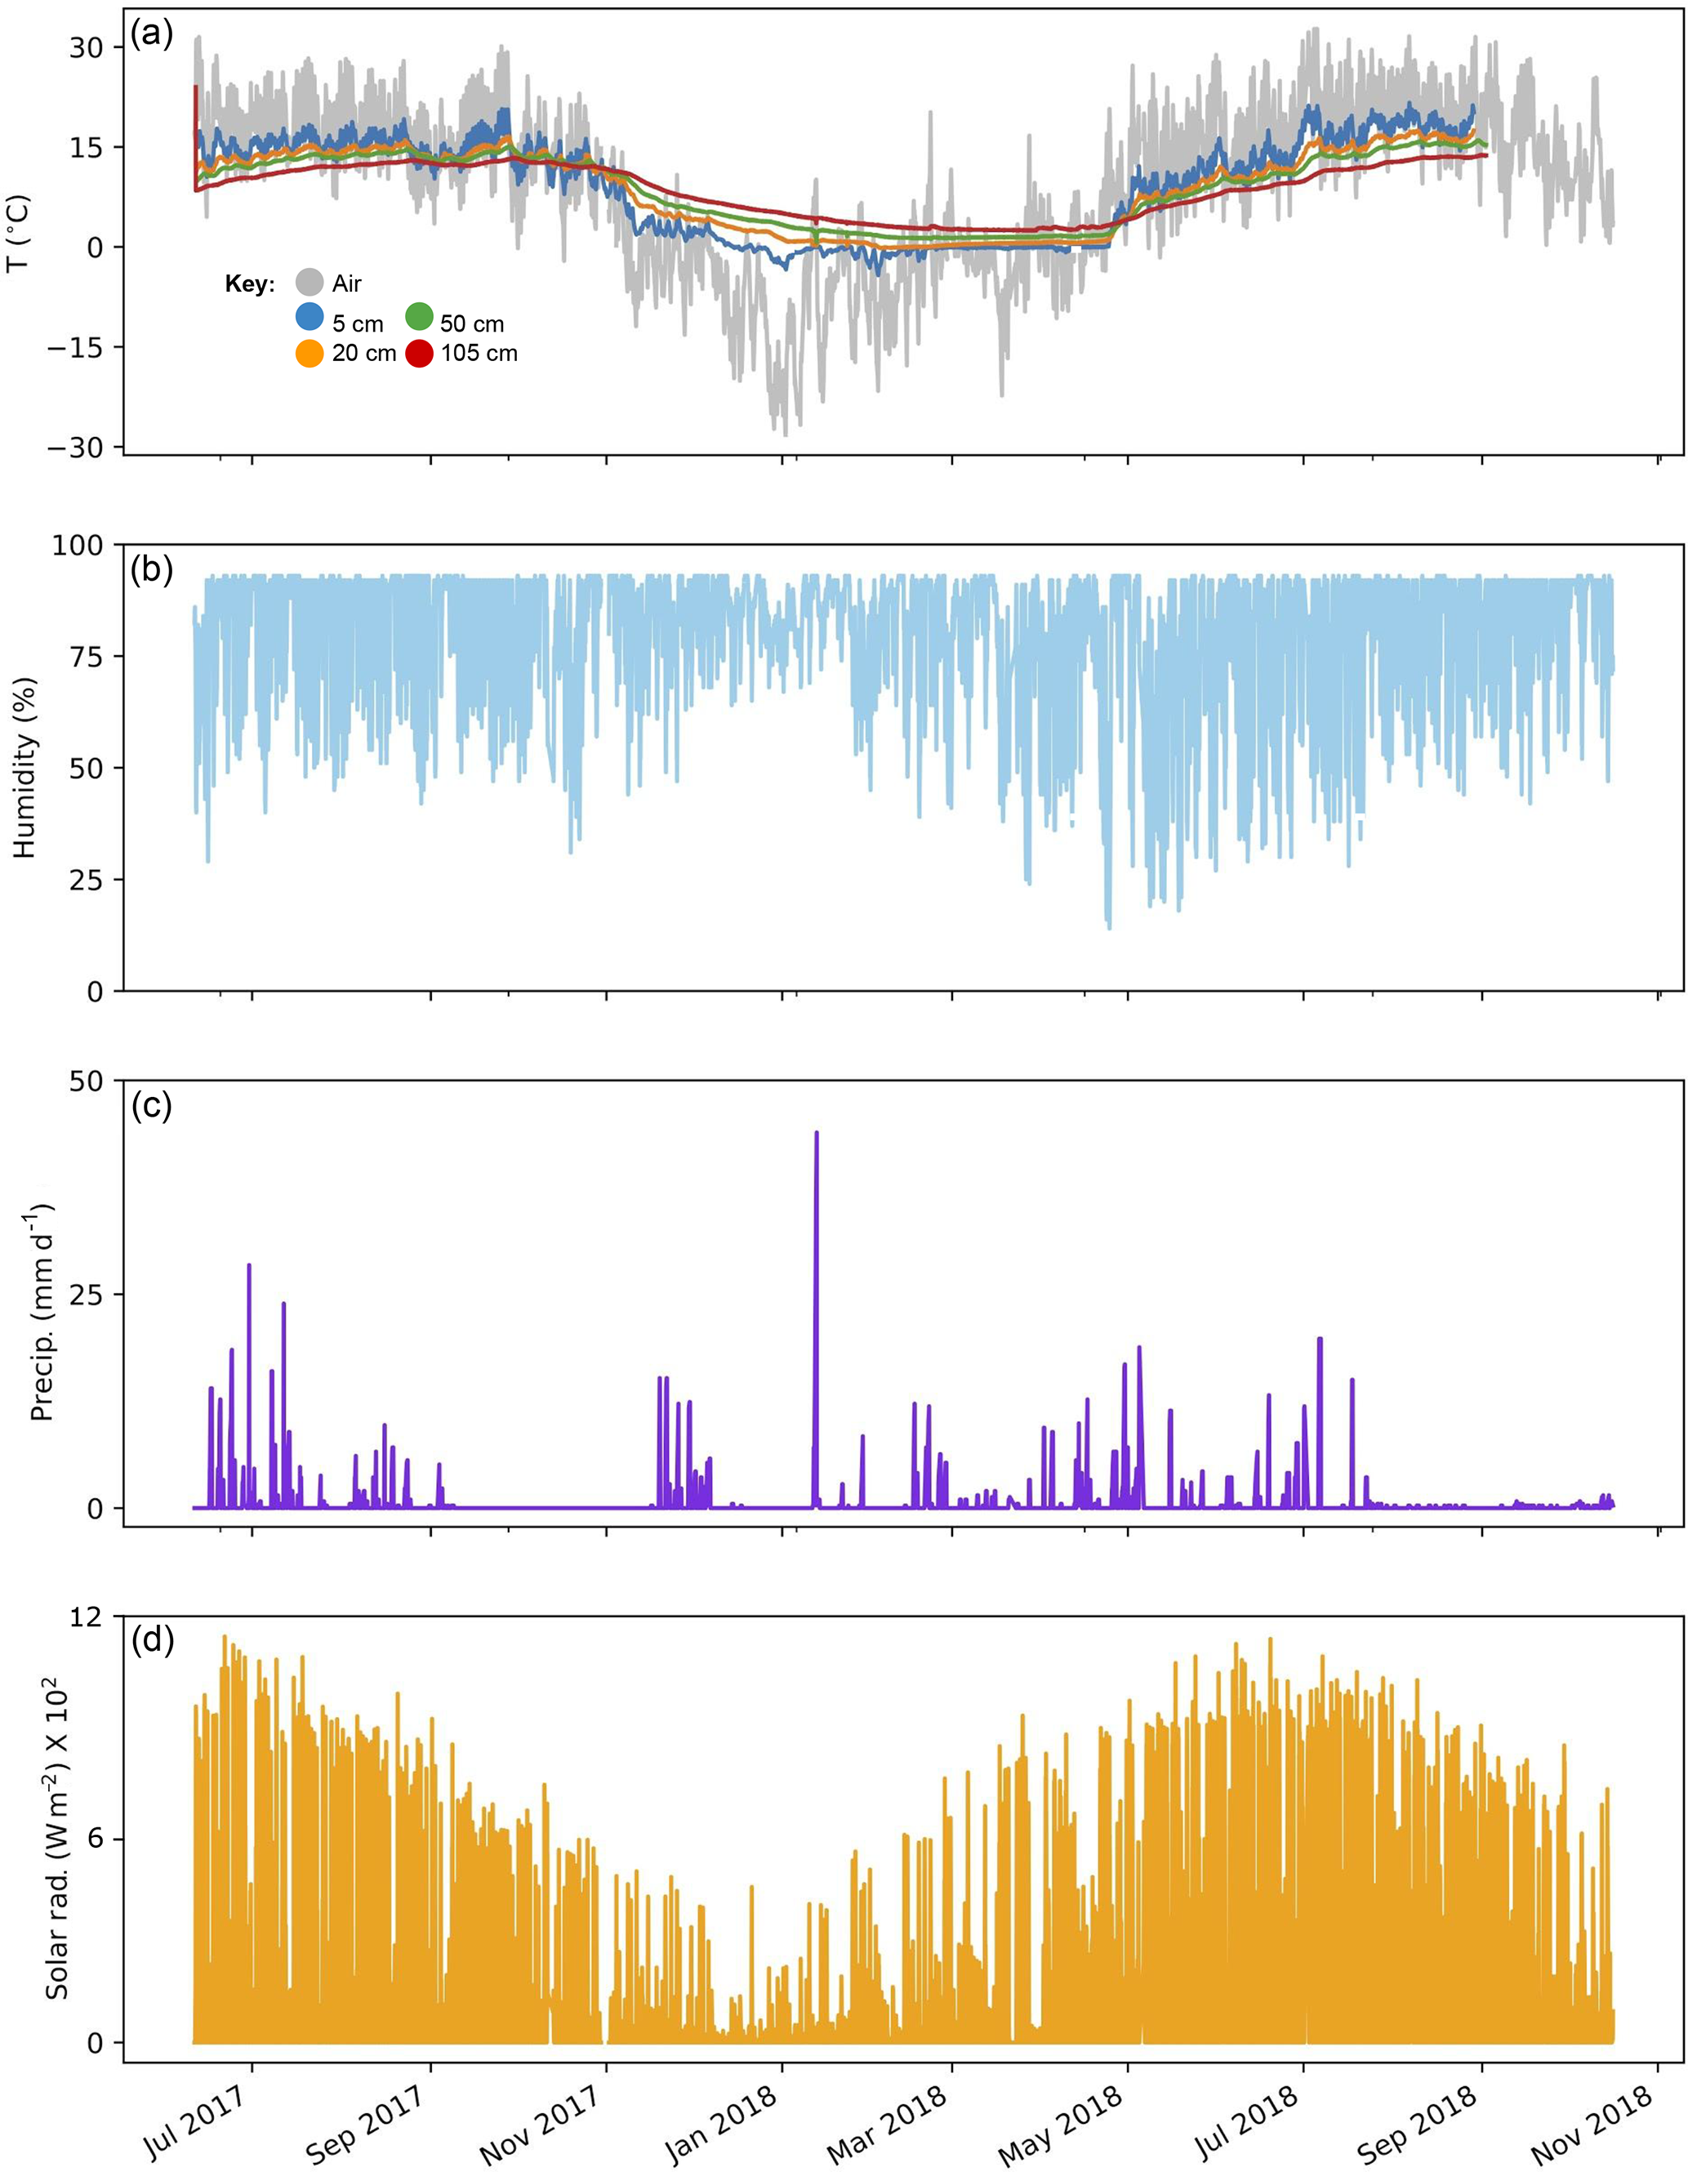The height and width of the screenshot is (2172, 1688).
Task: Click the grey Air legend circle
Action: click(311, 283)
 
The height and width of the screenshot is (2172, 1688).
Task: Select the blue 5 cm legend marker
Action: click(311, 317)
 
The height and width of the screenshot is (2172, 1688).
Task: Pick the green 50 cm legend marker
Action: click(420, 317)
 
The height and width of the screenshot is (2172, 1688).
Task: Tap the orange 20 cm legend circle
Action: click(311, 352)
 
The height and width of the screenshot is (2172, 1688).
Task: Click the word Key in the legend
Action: click(248, 284)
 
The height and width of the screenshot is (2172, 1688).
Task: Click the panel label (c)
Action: click(152, 1105)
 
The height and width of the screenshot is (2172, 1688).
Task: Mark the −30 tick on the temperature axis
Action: click(83, 448)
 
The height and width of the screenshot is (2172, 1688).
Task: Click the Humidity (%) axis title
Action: click(24, 769)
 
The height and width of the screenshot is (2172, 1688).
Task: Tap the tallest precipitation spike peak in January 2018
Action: click(816, 1133)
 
